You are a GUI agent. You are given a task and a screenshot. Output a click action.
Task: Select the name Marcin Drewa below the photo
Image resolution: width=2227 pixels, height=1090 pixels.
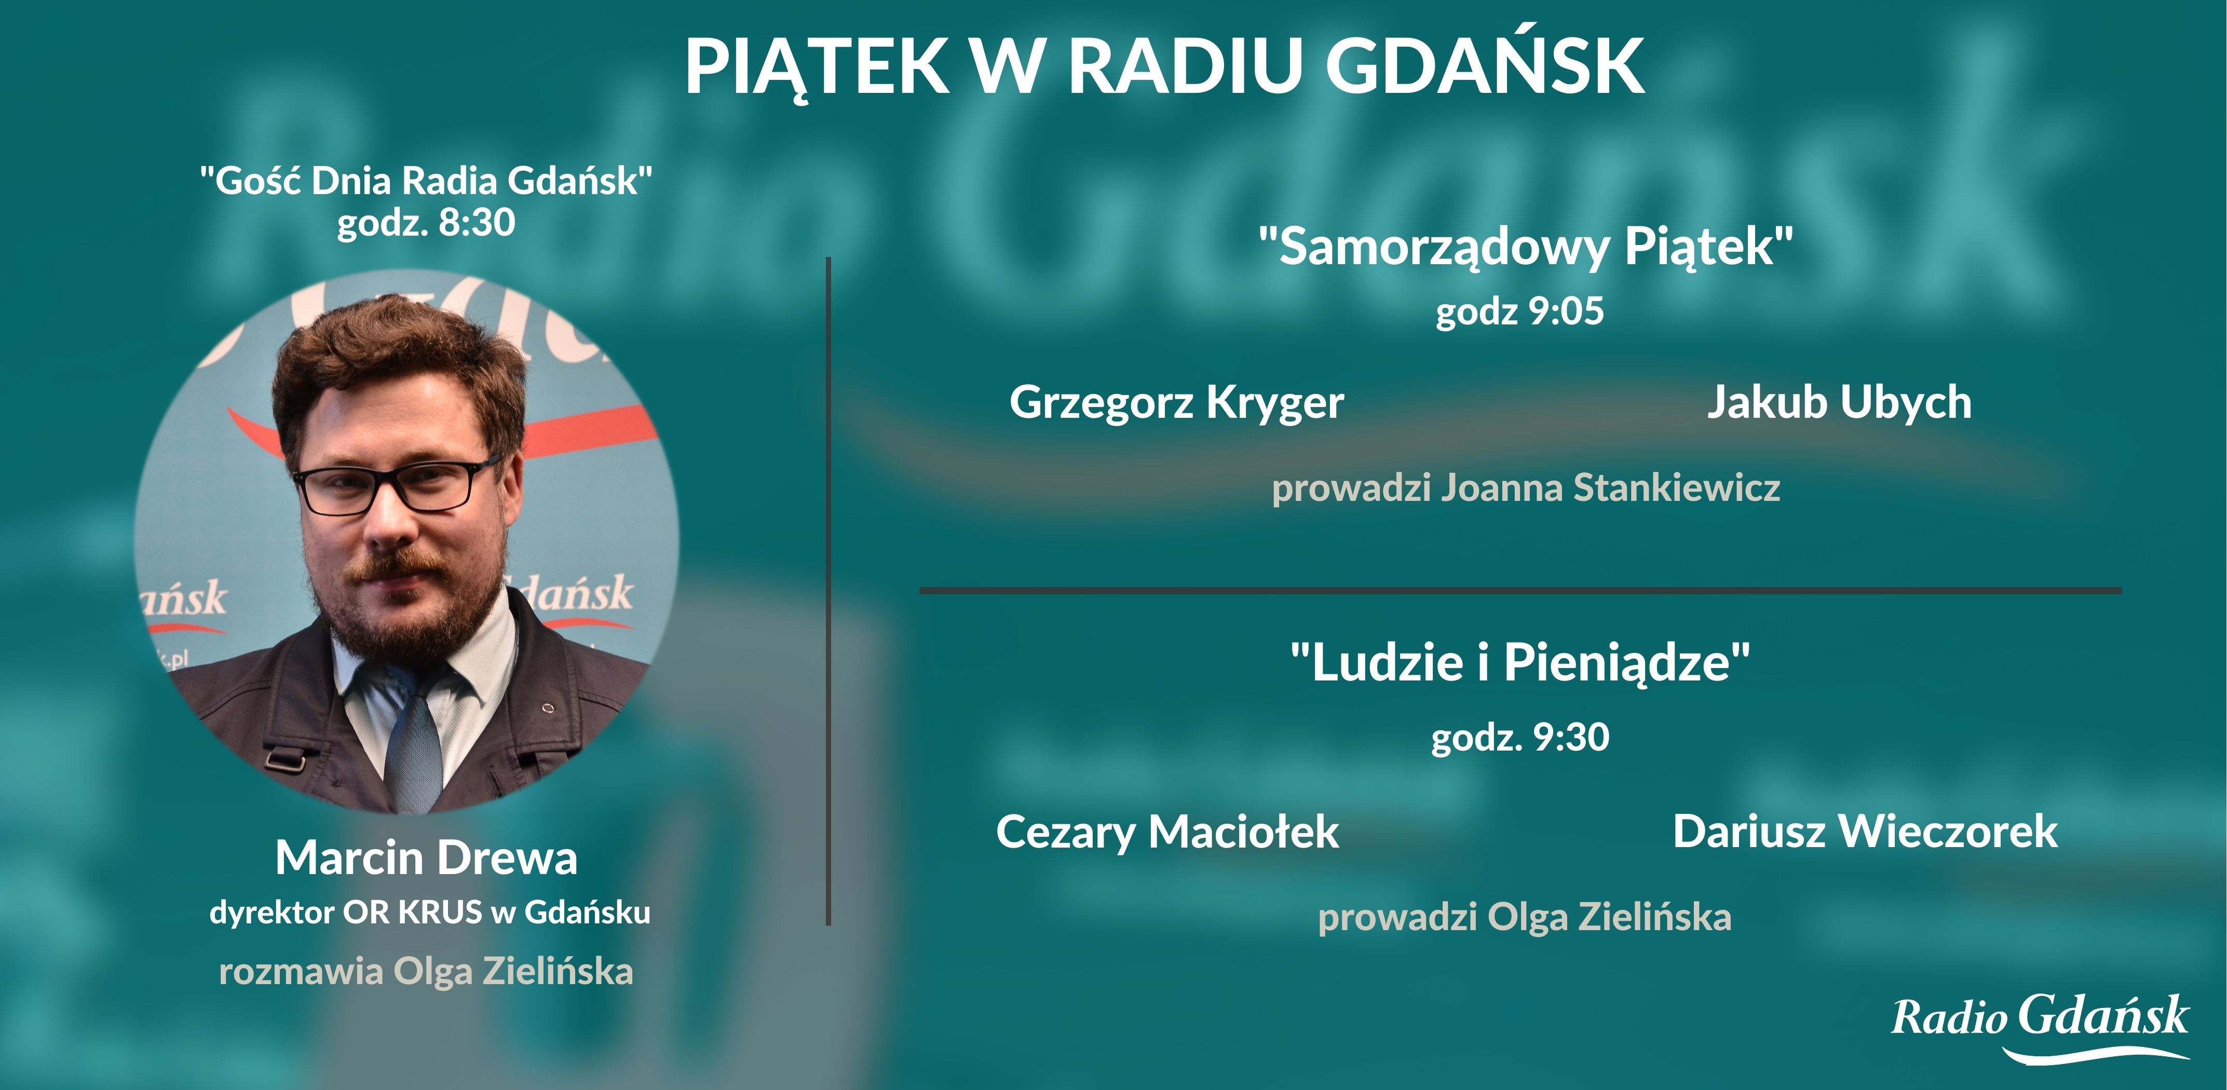(x=426, y=859)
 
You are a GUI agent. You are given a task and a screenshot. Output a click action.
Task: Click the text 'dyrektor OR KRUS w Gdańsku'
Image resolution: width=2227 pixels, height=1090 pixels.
(x=430, y=912)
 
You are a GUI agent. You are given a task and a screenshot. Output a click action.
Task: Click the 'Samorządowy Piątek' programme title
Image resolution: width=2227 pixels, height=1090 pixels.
(x=1526, y=247)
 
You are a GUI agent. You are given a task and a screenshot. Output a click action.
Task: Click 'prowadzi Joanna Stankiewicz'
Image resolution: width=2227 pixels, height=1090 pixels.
(x=1526, y=487)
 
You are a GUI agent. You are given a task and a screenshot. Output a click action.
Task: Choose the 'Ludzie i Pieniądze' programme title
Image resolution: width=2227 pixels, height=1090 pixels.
(x=1520, y=663)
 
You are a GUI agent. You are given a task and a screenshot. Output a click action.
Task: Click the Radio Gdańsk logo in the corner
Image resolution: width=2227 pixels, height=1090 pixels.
(x=2040, y=1026)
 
